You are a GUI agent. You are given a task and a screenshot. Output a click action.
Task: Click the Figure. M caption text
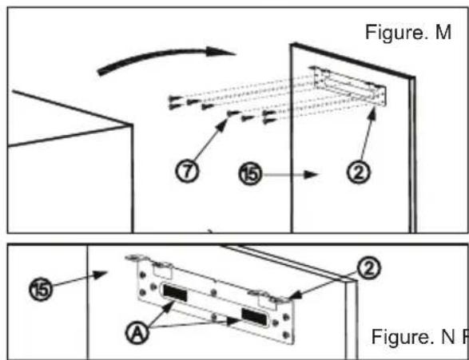408,32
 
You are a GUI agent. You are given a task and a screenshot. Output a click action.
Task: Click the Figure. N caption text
413,336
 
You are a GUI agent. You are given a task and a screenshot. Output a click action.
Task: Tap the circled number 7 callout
187,172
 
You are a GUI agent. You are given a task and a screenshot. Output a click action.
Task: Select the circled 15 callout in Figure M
250,174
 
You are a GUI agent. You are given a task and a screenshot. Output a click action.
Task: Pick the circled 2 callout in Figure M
358,172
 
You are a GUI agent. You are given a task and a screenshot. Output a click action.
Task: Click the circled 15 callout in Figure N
41,289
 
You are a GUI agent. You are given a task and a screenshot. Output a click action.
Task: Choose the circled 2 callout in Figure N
369,268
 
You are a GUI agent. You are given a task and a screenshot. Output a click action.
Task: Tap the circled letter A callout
137,334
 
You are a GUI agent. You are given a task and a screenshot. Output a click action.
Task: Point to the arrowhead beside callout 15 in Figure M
311,174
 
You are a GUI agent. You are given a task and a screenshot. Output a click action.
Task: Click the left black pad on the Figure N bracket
175,293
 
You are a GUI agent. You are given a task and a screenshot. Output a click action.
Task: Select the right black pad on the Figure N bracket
253,316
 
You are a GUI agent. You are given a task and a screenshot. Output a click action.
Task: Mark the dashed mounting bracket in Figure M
349,85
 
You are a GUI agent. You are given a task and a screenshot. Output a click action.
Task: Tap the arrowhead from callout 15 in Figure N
99,275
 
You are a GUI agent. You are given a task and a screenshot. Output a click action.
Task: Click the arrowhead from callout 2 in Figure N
296,295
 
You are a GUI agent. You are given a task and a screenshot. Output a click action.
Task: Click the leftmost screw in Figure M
174,99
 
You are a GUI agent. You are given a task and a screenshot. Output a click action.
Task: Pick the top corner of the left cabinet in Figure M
133,124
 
